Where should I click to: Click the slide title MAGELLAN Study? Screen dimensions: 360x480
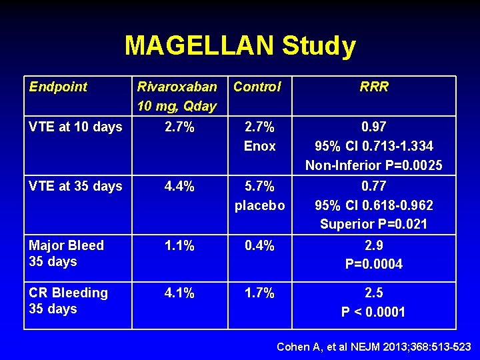(x=240, y=46)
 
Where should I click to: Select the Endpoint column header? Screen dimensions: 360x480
(x=58, y=87)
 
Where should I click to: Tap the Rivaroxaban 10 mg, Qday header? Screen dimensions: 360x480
(x=177, y=96)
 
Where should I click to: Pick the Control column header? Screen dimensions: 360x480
(x=257, y=87)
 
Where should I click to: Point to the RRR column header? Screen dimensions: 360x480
(x=373, y=87)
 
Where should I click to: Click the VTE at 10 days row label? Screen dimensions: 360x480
(x=75, y=127)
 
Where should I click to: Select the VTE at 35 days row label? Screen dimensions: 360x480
(x=75, y=186)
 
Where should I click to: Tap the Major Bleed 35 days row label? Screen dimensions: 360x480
(x=66, y=253)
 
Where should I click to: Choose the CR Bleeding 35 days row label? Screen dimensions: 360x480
(x=68, y=301)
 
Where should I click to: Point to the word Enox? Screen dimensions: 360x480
(x=259, y=146)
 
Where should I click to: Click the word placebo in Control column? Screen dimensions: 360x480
(x=259, y=205)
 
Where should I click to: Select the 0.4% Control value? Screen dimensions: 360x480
(x=259, y=245)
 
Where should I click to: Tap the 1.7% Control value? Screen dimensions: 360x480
(x=259, y=293)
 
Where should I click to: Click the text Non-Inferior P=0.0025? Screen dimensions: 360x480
(x=373, y=165)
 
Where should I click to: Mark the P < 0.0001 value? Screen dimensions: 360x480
(x=373, y=312)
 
